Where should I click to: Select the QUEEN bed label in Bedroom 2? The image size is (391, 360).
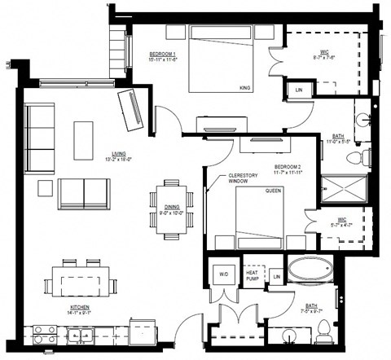tap(273, 191)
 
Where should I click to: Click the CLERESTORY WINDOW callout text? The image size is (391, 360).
tap(242, 178)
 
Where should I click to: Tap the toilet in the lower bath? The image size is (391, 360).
tap(323, 329)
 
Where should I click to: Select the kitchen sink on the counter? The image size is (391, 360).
tap(79, 333)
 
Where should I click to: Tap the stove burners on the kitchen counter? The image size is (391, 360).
tap(45, 333)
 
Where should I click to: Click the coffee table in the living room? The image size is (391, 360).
tap(84, 140)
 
